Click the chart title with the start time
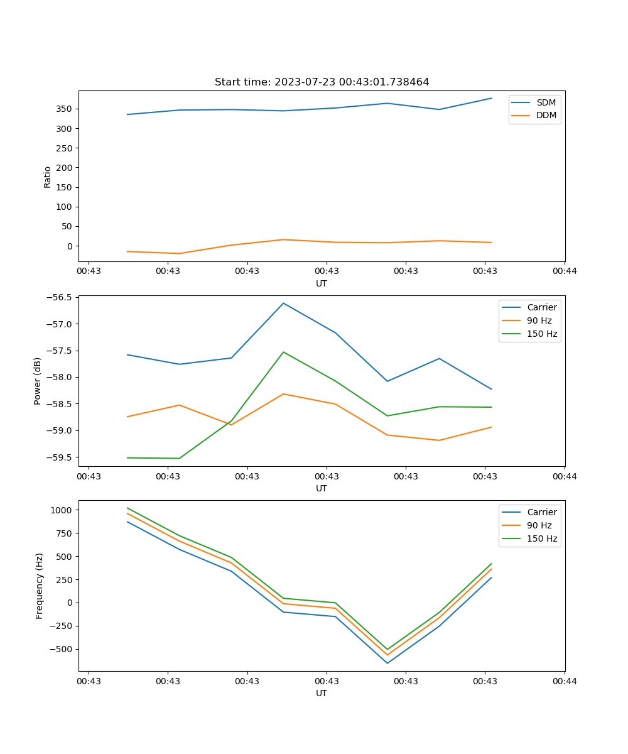[x=322, y=82]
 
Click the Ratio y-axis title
[x=47, y=177]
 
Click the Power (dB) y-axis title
[x=38, y=381]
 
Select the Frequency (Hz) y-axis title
[x=39, y=586]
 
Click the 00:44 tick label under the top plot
[x=564, y=271]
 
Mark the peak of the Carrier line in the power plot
[x=283, y=303]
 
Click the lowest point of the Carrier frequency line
[x=387, y=663]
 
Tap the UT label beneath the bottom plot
[x=322, y=693]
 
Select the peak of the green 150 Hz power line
[x=283, y=352]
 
